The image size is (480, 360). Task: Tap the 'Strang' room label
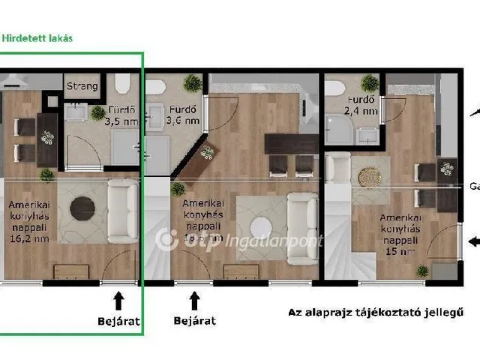82,86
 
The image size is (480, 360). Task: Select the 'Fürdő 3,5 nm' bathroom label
121,114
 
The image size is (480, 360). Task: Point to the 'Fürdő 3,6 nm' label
183,113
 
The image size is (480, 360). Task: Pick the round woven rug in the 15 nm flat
369,177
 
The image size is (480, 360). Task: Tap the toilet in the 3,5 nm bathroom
123,82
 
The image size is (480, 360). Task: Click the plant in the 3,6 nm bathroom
193,83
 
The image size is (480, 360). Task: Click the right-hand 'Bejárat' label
194,320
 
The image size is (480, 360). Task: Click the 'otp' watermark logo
174,240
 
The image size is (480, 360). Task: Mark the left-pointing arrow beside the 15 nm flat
473,241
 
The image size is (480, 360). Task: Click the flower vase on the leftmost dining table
48,138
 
